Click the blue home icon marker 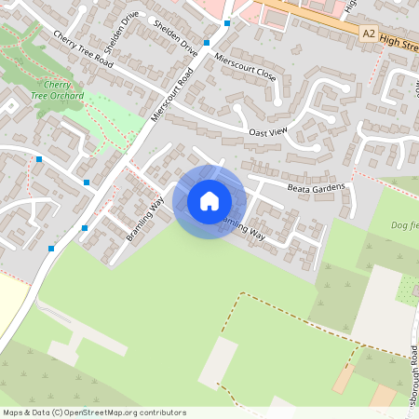click(x=209, y=200)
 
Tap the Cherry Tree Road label click(x=83, y=49)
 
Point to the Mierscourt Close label click(x=245, y=66)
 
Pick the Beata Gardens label click(x=316, y=189)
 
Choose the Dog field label click(x=404, y=223)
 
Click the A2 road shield click(x=369, y=34)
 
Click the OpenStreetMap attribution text click(x=94, y=412)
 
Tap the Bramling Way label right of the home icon click(x=242, y=229)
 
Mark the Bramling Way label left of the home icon click(x=144, y=220)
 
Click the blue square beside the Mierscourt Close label click(x=207, y=43)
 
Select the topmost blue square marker click(x=226, y=21)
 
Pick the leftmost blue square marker click(x=39, y=159)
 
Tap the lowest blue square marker click(x=51, y=249)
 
